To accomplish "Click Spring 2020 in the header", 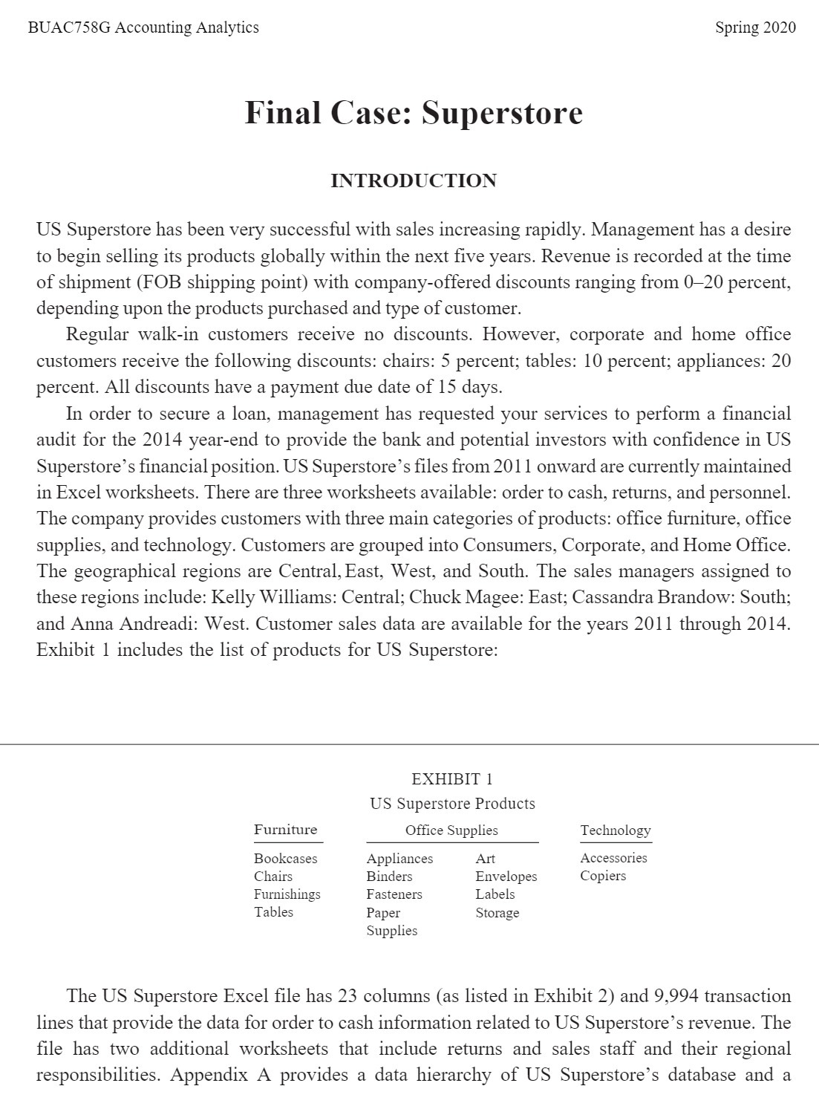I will coord(755,27).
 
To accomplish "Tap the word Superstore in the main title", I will coord(502,113).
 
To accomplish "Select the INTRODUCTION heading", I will coord(414,181).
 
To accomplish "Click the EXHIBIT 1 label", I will coord(451,778).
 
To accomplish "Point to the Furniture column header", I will coord(285,830).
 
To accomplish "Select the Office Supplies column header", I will coord(451,830).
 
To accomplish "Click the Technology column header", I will coord(616,830).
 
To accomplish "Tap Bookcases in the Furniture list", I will coord(285,858).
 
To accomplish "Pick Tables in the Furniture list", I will coord(273,912).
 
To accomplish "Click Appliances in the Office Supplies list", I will coord(399,859).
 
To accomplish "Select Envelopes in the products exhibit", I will coord(506,877).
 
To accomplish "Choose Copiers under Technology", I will coord(603,876).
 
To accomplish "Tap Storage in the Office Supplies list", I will coord(497,913).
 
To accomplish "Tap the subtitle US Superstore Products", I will coord(451,804).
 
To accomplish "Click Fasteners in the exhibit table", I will coord(394,894).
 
